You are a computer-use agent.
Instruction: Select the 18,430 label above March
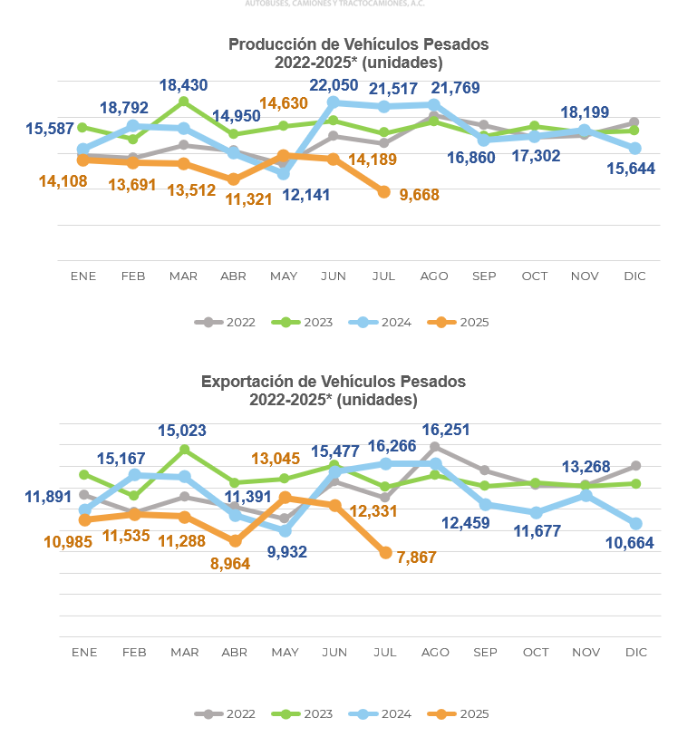click(183, 85)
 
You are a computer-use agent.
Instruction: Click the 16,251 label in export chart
click(449, 430)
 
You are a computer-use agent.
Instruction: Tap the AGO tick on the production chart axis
click(435, 276)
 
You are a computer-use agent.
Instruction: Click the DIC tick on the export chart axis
click(635, 652)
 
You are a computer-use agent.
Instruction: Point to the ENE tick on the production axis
click(83, 276)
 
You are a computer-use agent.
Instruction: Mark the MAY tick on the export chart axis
click(285, 652)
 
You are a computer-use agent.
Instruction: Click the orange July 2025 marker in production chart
click(384, 192)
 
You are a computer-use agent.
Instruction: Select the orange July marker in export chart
click(385, 552)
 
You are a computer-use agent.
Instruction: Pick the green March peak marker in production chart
click(184, 102)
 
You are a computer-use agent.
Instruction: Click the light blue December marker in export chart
click(636, 523)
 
